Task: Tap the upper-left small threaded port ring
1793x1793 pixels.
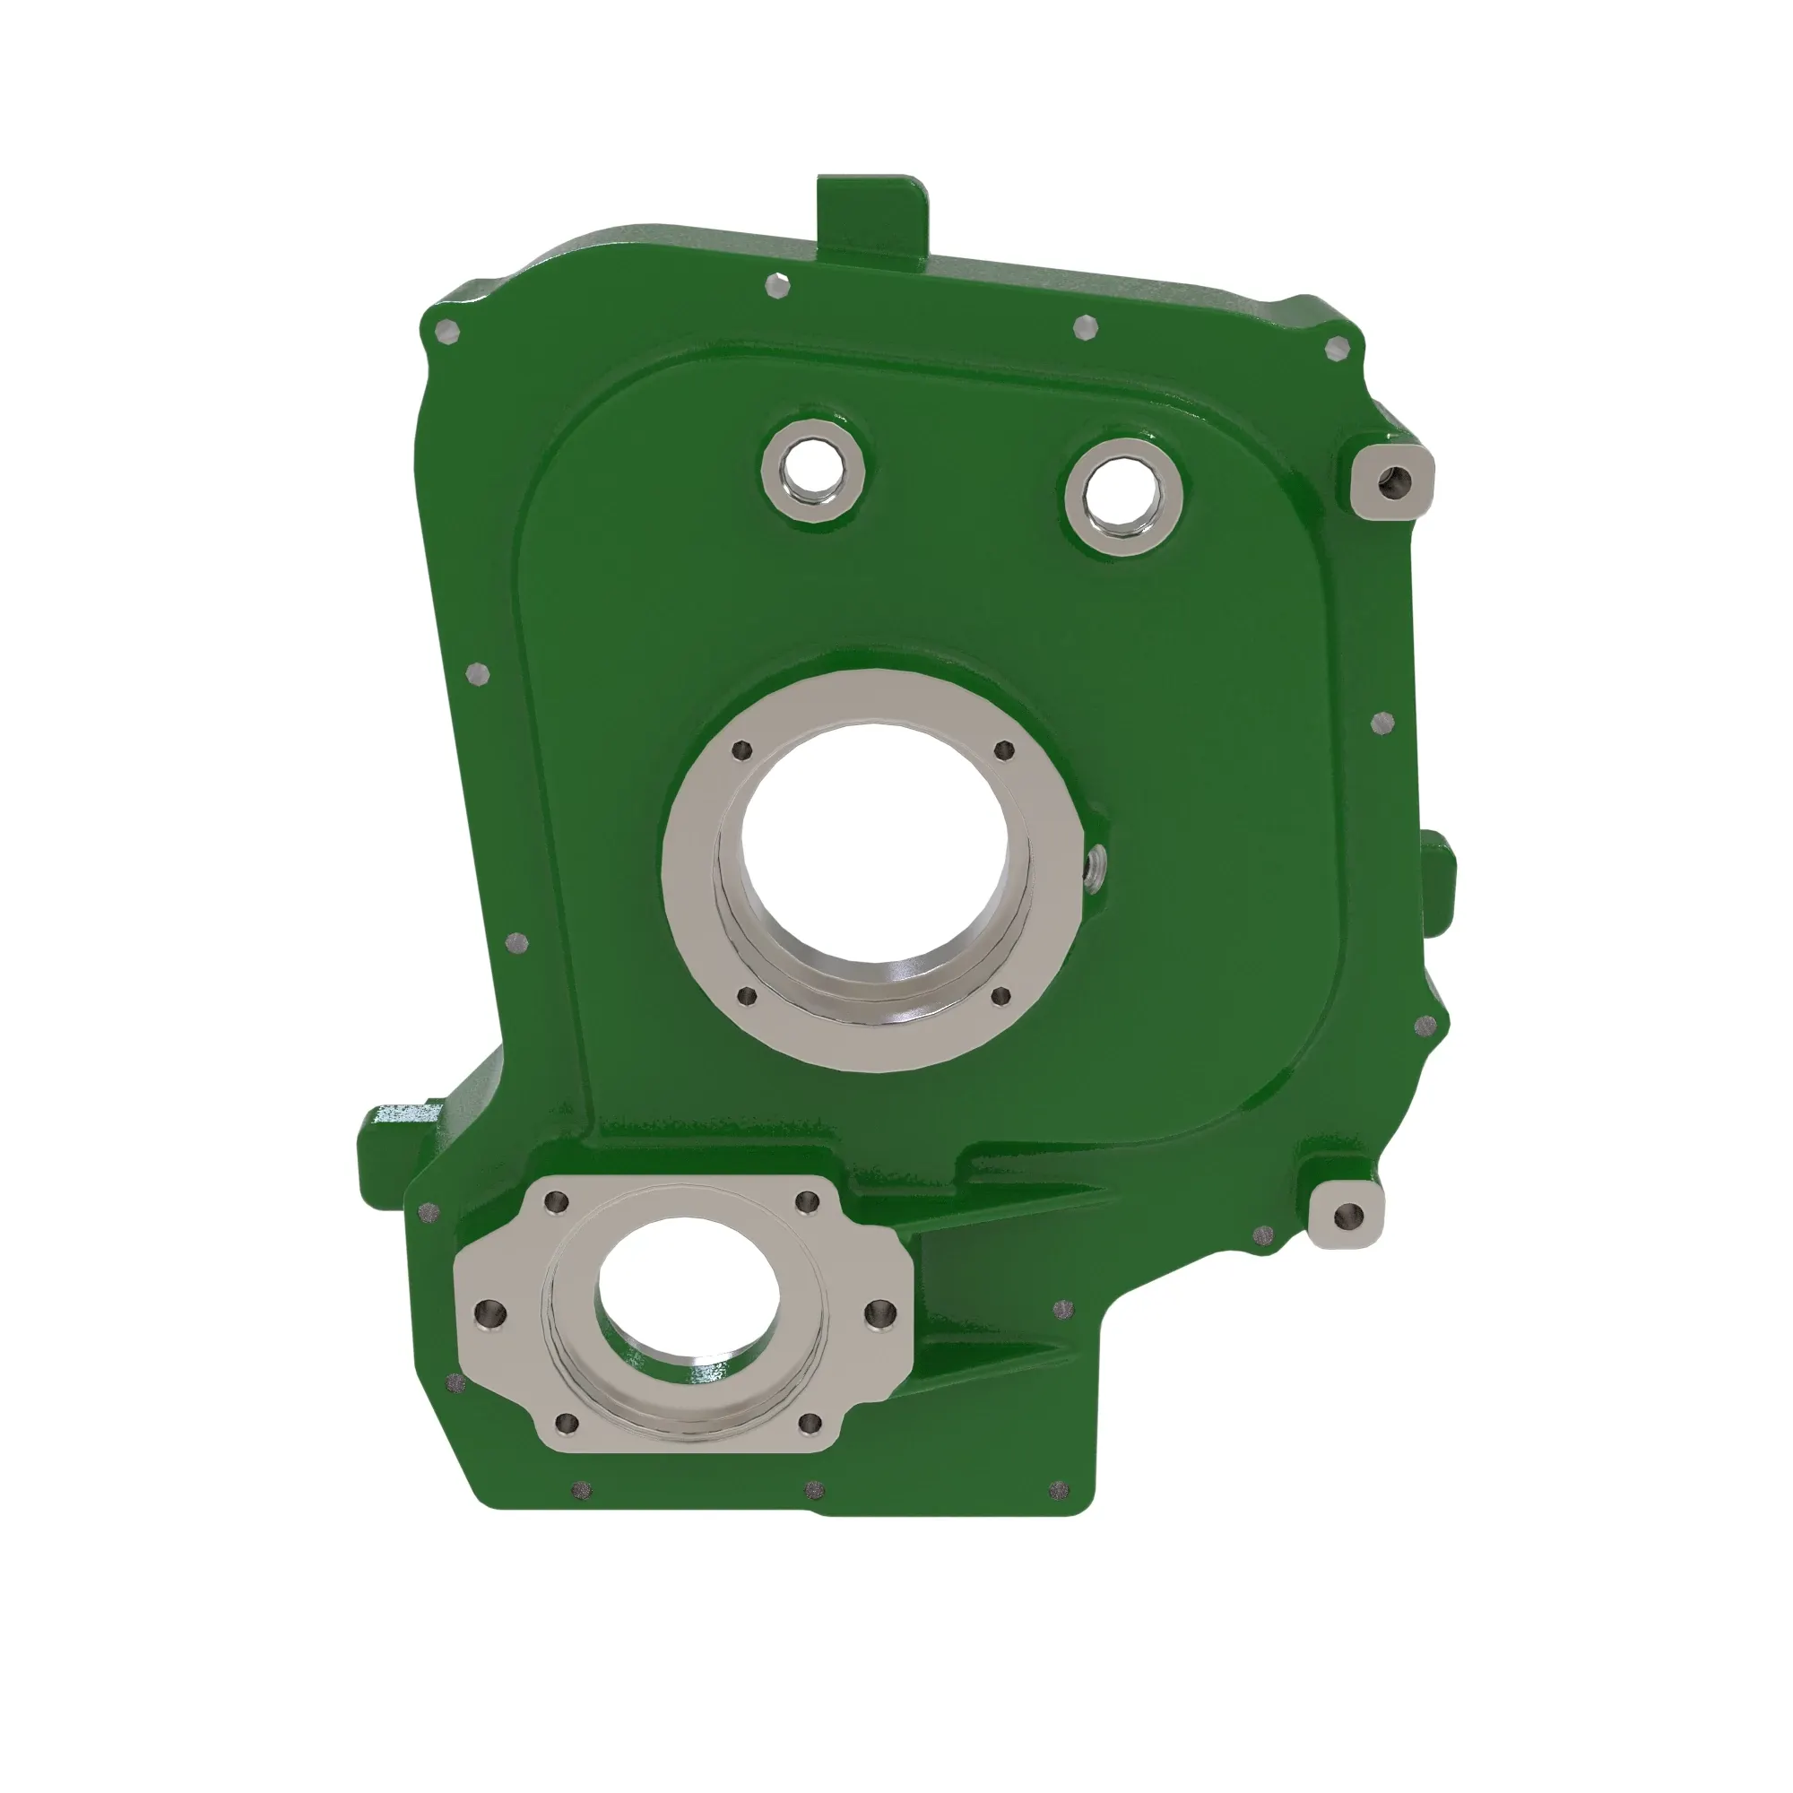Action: point(813,471)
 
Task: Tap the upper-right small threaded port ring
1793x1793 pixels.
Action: point(1123,496)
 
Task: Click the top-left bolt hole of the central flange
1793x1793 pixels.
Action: point(740,749)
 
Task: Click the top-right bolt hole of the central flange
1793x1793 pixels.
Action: point(1002,749)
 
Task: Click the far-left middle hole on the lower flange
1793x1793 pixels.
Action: point(489,1312)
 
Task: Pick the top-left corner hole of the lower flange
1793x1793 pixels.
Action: point(557,1203)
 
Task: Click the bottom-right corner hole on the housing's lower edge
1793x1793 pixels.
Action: point(1059,1493)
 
